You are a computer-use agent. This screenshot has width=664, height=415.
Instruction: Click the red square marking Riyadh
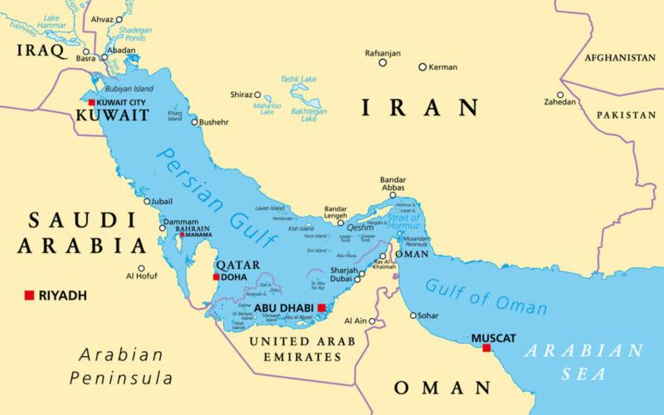(x=29, y=295)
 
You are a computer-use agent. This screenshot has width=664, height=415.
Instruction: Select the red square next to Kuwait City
(x=91, y=102)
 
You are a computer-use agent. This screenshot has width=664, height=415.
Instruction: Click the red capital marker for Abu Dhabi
(x=321, y=307)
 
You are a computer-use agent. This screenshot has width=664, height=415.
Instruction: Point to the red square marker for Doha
(x=217, y=277)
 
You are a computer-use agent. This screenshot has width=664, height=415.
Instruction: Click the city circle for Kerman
(x=422, y=66)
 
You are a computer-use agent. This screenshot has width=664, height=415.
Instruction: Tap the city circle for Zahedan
(x=560, y=95)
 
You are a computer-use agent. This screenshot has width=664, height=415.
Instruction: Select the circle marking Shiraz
(x=257, y=95)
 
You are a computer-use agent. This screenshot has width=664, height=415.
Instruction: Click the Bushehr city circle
(x=195, y=122)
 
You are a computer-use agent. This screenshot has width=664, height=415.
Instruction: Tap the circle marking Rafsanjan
(x=383, y=62)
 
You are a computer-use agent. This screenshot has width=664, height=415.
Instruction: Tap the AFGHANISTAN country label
(x=619, y=58)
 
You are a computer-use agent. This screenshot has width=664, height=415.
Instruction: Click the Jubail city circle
(x=147, y=201)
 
